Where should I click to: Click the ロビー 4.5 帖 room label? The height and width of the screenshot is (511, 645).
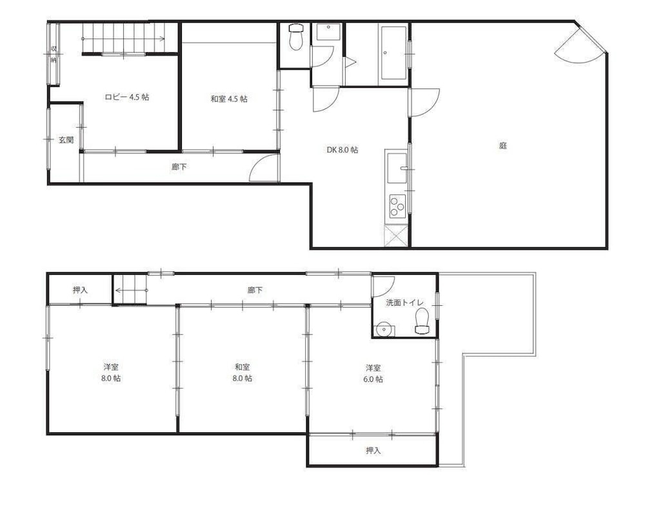tap(126, 97)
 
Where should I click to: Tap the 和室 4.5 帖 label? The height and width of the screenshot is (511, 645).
tap(229, 99)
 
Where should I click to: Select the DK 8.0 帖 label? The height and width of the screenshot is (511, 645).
tap(342, 150)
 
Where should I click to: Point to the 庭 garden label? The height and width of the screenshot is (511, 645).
tap(502, 146)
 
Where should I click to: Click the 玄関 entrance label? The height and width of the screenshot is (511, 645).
tap(66, 140)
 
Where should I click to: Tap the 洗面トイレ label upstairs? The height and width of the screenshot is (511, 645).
tap(405, 303)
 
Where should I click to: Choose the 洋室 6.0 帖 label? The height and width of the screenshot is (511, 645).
tap(373, 373)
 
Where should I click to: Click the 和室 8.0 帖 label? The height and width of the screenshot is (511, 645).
tap(243, 372)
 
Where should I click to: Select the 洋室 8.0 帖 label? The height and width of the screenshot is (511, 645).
tap(111, 372)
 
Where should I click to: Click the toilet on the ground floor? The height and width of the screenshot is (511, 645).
tap(296, 37)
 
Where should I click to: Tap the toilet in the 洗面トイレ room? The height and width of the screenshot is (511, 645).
tap(422, 321)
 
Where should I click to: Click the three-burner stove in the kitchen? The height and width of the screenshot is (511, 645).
tap(397, 206)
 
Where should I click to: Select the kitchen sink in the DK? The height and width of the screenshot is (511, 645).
tap(397, 168)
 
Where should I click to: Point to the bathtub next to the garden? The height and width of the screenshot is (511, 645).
tap(393, 53)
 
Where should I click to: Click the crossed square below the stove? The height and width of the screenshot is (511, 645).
tap(396, 236)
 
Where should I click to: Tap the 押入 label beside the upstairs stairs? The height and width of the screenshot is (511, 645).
tap(80, 290)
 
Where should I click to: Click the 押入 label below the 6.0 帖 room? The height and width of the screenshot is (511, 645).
tap(373, 450)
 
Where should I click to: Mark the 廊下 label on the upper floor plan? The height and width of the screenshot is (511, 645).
tap(255, 290)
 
